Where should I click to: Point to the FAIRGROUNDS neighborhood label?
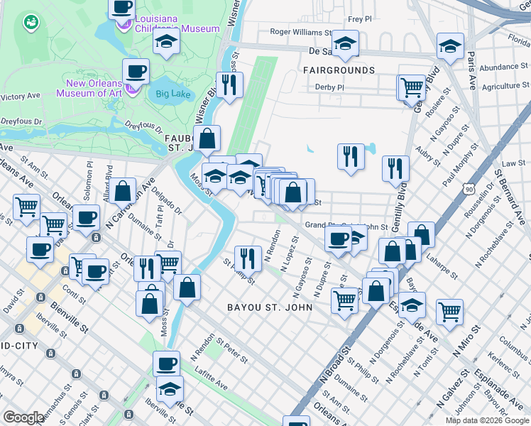(x=339, y=71)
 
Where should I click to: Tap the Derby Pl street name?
(x=329, y=88)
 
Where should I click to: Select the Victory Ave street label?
(x=21, y=97)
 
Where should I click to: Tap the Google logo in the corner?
(x=23, y=417)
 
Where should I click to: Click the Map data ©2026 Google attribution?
(x=487, y=420)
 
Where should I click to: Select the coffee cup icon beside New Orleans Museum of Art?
(x=136, y=71)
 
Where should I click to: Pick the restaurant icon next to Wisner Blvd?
(x=229, y=84)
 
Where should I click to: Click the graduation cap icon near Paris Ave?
(x=449, y=45)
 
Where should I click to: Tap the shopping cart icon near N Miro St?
(x=449, y=310)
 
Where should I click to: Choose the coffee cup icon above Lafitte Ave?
(x=166, y=363)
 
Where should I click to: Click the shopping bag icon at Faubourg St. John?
(x=208, y=138)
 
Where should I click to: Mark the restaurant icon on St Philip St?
(x=246, y=257)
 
